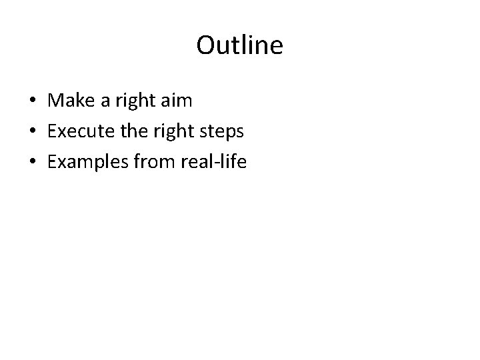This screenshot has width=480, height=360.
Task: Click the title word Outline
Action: (240, 46)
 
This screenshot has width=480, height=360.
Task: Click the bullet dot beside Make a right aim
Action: (33, 102)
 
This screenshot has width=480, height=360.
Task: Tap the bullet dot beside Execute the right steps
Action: (33, 132)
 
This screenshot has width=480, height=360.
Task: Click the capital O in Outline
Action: (205, 46)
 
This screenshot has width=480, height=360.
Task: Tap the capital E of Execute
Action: (53, 131)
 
